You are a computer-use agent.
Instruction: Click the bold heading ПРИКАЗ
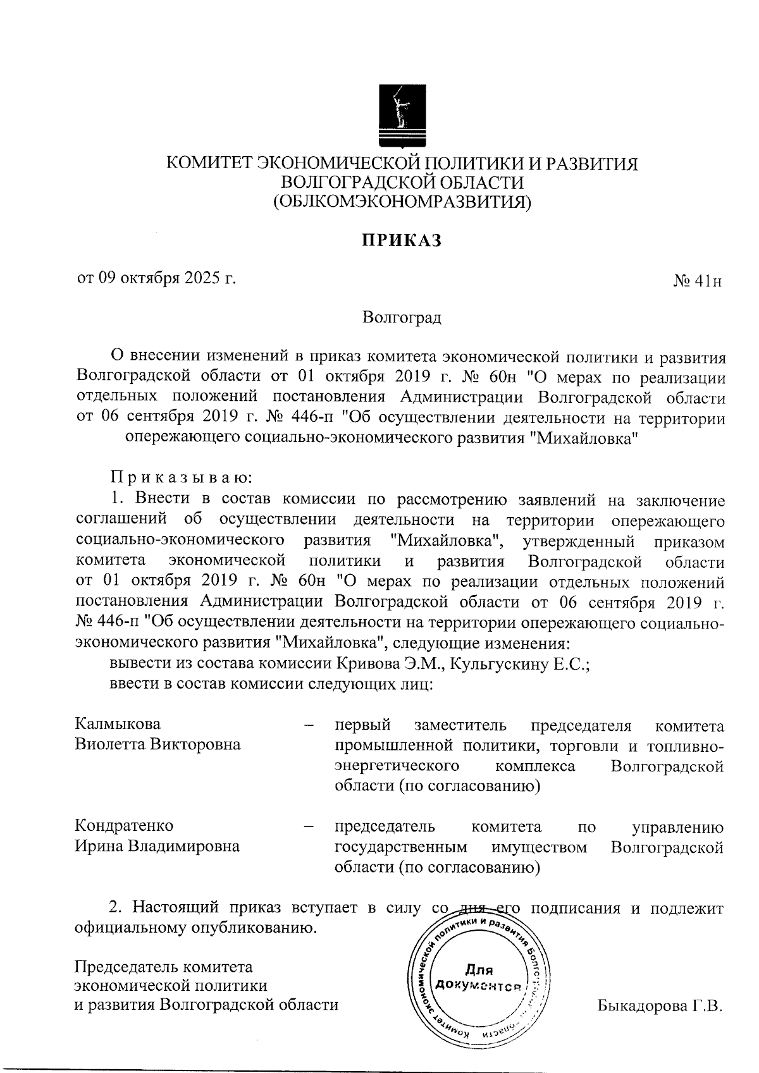coord(400,241)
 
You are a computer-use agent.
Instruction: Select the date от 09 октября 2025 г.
coord(156,278)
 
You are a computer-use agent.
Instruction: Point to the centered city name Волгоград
coord(402,317)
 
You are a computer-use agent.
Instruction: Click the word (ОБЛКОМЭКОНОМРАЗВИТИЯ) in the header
coord(402,202)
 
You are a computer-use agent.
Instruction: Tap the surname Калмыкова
coord(118,723)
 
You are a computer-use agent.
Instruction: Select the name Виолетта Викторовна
coord(157,744)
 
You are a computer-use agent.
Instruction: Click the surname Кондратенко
coord(124,826)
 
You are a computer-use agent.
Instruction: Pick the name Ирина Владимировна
coord(157,846)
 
